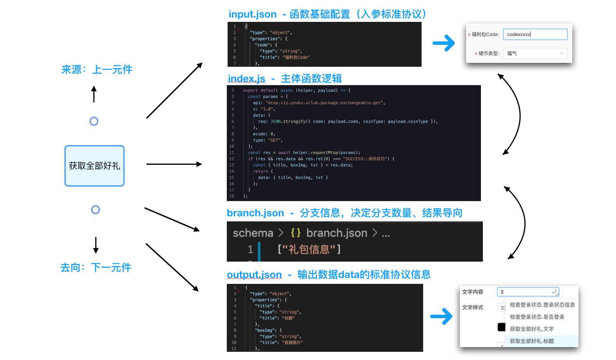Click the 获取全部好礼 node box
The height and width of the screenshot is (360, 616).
point(94,166)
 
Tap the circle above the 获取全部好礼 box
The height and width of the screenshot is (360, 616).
point(94,121)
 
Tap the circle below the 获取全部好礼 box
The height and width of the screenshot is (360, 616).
point(95,210)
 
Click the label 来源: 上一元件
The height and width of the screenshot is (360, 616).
point(97,70)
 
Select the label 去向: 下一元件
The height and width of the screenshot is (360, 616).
point(96,268)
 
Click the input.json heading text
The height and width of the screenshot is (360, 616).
point(252,14)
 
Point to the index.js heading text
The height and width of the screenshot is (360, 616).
point(246,79)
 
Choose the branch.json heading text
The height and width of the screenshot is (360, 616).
point(255,213)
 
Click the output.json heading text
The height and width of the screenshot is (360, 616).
point(254,275)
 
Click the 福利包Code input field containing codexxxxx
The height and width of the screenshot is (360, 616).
point(535,34)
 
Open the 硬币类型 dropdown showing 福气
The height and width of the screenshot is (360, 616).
point(535,53)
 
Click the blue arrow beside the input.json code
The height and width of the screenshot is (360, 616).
point(444,43)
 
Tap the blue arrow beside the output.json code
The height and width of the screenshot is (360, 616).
point(441,316)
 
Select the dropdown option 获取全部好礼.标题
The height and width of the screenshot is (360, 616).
point(532,341)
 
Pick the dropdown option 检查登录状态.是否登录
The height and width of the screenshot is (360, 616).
point(537,317)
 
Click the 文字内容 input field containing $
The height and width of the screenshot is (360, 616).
point(528,292)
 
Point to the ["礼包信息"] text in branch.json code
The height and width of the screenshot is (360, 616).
point(309,249)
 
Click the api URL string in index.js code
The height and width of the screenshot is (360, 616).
point(325,103)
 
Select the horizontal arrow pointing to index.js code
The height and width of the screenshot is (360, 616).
point(174,164)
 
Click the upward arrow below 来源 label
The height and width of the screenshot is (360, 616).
point(94,94)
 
